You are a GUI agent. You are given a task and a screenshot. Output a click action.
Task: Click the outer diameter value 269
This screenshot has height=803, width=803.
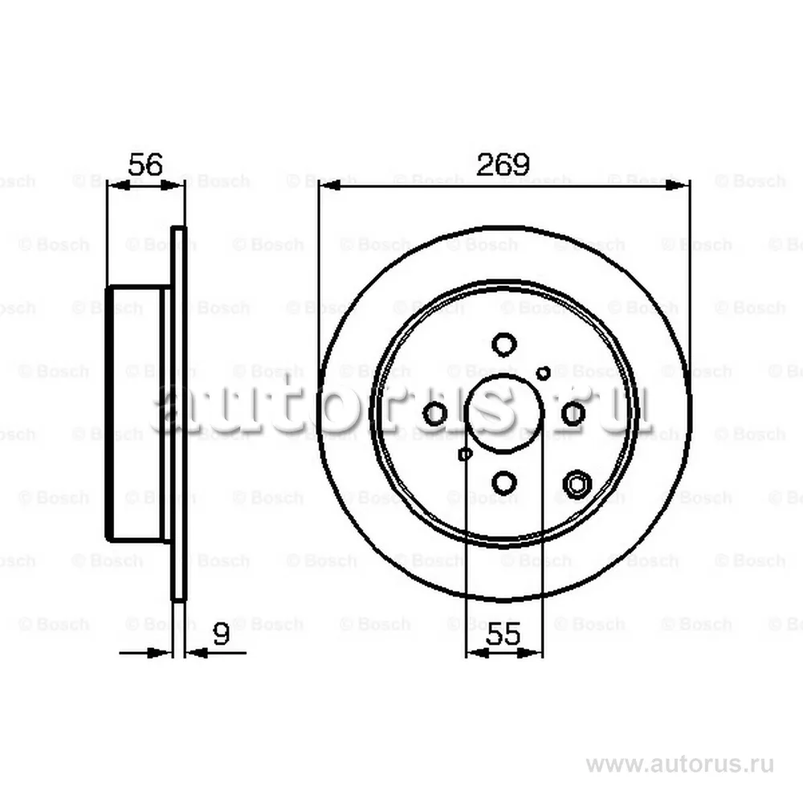coord(503,165)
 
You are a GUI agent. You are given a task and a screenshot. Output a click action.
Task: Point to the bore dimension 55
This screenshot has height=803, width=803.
coord(504,634)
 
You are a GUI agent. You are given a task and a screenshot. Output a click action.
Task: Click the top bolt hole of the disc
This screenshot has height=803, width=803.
coord(503,345)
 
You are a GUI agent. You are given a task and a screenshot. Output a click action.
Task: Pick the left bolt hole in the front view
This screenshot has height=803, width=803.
coord(434,414)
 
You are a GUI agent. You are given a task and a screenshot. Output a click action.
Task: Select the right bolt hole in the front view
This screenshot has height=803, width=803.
coord(573,414)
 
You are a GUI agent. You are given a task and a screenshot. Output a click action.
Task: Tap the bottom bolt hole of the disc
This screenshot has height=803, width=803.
coord(503,483)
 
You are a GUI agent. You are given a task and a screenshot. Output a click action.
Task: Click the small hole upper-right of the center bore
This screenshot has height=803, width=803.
coord(544,373)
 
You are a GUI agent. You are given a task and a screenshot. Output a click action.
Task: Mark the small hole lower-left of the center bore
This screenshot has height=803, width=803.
coord(464,454)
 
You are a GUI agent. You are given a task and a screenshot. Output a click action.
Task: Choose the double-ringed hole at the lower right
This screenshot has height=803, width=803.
coord(577,484)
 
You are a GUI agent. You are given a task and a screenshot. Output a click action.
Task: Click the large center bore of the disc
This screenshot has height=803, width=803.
coord(504,414)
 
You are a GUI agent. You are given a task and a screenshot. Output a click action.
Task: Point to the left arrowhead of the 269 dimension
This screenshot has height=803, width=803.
coord(326,185)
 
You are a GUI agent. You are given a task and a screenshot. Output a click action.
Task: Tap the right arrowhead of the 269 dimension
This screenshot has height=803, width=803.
coord(682,185)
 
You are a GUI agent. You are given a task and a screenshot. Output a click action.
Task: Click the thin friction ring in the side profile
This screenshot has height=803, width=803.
coord(179,414)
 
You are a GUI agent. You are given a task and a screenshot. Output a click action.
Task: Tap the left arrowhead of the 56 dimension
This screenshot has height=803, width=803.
coord(114,185)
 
